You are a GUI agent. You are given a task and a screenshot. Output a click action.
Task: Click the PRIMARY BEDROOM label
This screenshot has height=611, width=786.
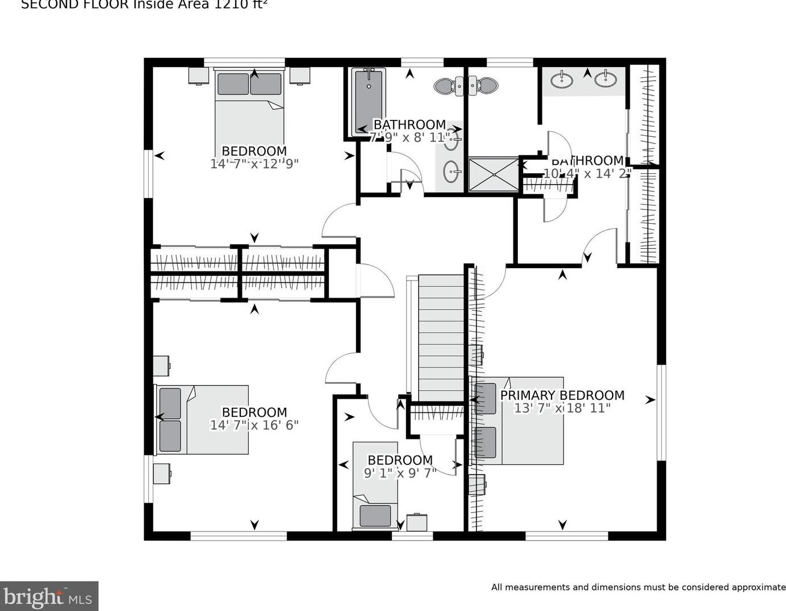[x=562, y=395]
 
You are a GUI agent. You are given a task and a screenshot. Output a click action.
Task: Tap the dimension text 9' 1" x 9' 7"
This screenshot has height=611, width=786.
[x=400, y=473]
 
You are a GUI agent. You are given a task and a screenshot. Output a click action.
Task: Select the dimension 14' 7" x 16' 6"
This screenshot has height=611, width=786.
[x=254, y=425]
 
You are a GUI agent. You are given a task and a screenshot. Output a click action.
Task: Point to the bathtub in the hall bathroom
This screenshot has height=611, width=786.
[x=368, y=102]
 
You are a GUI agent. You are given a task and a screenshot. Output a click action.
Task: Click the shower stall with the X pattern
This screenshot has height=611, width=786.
[x=493, y=174]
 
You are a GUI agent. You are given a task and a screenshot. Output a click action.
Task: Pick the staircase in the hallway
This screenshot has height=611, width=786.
[x=441, y=338]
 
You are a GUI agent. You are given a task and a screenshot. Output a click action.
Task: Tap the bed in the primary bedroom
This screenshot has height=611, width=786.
[x=518, y=421]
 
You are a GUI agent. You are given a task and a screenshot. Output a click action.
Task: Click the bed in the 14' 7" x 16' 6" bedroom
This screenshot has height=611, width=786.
[x=203, y=420]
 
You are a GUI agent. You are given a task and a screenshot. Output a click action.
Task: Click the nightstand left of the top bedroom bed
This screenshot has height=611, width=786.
[x=199, y=76]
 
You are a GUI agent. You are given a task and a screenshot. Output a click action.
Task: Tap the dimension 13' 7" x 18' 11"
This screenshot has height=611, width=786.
[x=562, y=408]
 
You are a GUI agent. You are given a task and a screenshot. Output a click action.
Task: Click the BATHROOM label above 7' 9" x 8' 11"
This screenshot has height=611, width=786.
[x=409, y=124]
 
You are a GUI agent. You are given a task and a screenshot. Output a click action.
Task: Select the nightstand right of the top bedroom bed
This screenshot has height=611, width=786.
[x=300, y=76]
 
